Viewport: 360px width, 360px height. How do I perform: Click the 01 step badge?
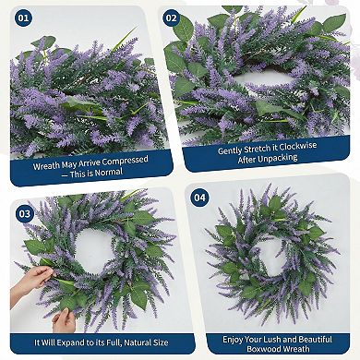(23, 17)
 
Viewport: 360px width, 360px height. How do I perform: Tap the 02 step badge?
(171, 17)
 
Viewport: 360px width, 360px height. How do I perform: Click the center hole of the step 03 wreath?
(90, 246)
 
